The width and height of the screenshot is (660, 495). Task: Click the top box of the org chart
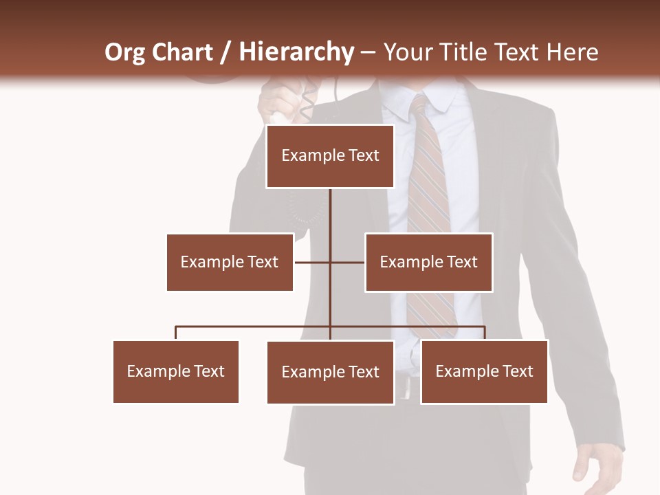coord(330,156)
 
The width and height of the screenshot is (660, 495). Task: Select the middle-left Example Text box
coord(230,262)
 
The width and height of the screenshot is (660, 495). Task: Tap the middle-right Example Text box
coord(428,262)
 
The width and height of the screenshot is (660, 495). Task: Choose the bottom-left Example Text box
coord(176,371)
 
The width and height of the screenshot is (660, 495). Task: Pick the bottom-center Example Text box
coord(330,372)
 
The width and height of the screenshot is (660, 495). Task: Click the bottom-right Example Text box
coord(484,371)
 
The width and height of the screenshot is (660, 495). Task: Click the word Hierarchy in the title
coord(296,52)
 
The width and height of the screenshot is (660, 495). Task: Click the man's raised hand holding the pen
coord(282,103)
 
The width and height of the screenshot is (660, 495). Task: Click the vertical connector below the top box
coord(331,213)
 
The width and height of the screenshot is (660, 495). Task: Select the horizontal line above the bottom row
coord(254,327)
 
